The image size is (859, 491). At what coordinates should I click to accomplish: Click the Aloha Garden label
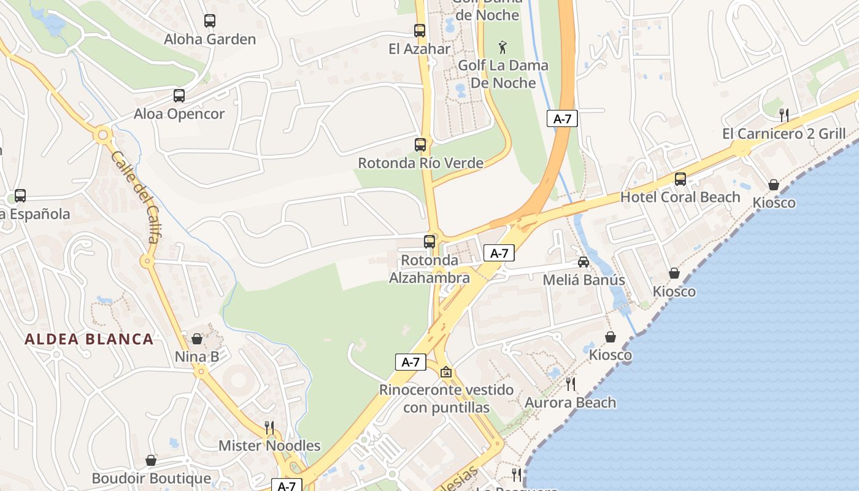[x=210, y=39]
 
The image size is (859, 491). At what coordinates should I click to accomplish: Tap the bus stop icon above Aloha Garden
[x=210, y=21]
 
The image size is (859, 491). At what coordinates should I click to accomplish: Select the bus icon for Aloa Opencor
[x=179, y=96]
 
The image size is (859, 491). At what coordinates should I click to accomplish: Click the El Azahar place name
[x=420, y=49]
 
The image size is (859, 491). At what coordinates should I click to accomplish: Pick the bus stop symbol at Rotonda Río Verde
[x=420, y=145]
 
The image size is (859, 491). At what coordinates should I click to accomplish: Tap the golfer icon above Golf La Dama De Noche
[x=503, y=47]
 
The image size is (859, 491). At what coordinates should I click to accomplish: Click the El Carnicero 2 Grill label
[x=784, y=134]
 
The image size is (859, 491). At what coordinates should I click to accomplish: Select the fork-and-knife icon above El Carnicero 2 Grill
[x=783, y=115]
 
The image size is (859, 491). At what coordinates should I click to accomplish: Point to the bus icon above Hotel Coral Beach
[x=680, y=179]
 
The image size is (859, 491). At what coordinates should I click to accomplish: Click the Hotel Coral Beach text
[x=680, y=197]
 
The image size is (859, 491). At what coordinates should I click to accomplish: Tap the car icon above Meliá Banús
[x=584, y=262]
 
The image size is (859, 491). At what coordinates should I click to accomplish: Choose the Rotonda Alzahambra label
[x=429, y=269]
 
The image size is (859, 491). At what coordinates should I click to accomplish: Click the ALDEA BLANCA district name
[x=89, y=339]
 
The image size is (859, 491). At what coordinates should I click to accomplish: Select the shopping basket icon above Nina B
[x=197, y=339]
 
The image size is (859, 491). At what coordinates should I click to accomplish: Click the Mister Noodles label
[x=269, y=446]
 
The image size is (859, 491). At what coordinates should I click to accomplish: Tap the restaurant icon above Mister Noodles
[x=269, y=427]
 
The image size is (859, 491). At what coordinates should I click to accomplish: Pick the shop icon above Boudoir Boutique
[x=151, y=460]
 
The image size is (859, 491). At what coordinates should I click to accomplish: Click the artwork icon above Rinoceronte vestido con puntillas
[x=446, y=372]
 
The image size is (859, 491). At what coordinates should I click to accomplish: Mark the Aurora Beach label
[x=570, y=403]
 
